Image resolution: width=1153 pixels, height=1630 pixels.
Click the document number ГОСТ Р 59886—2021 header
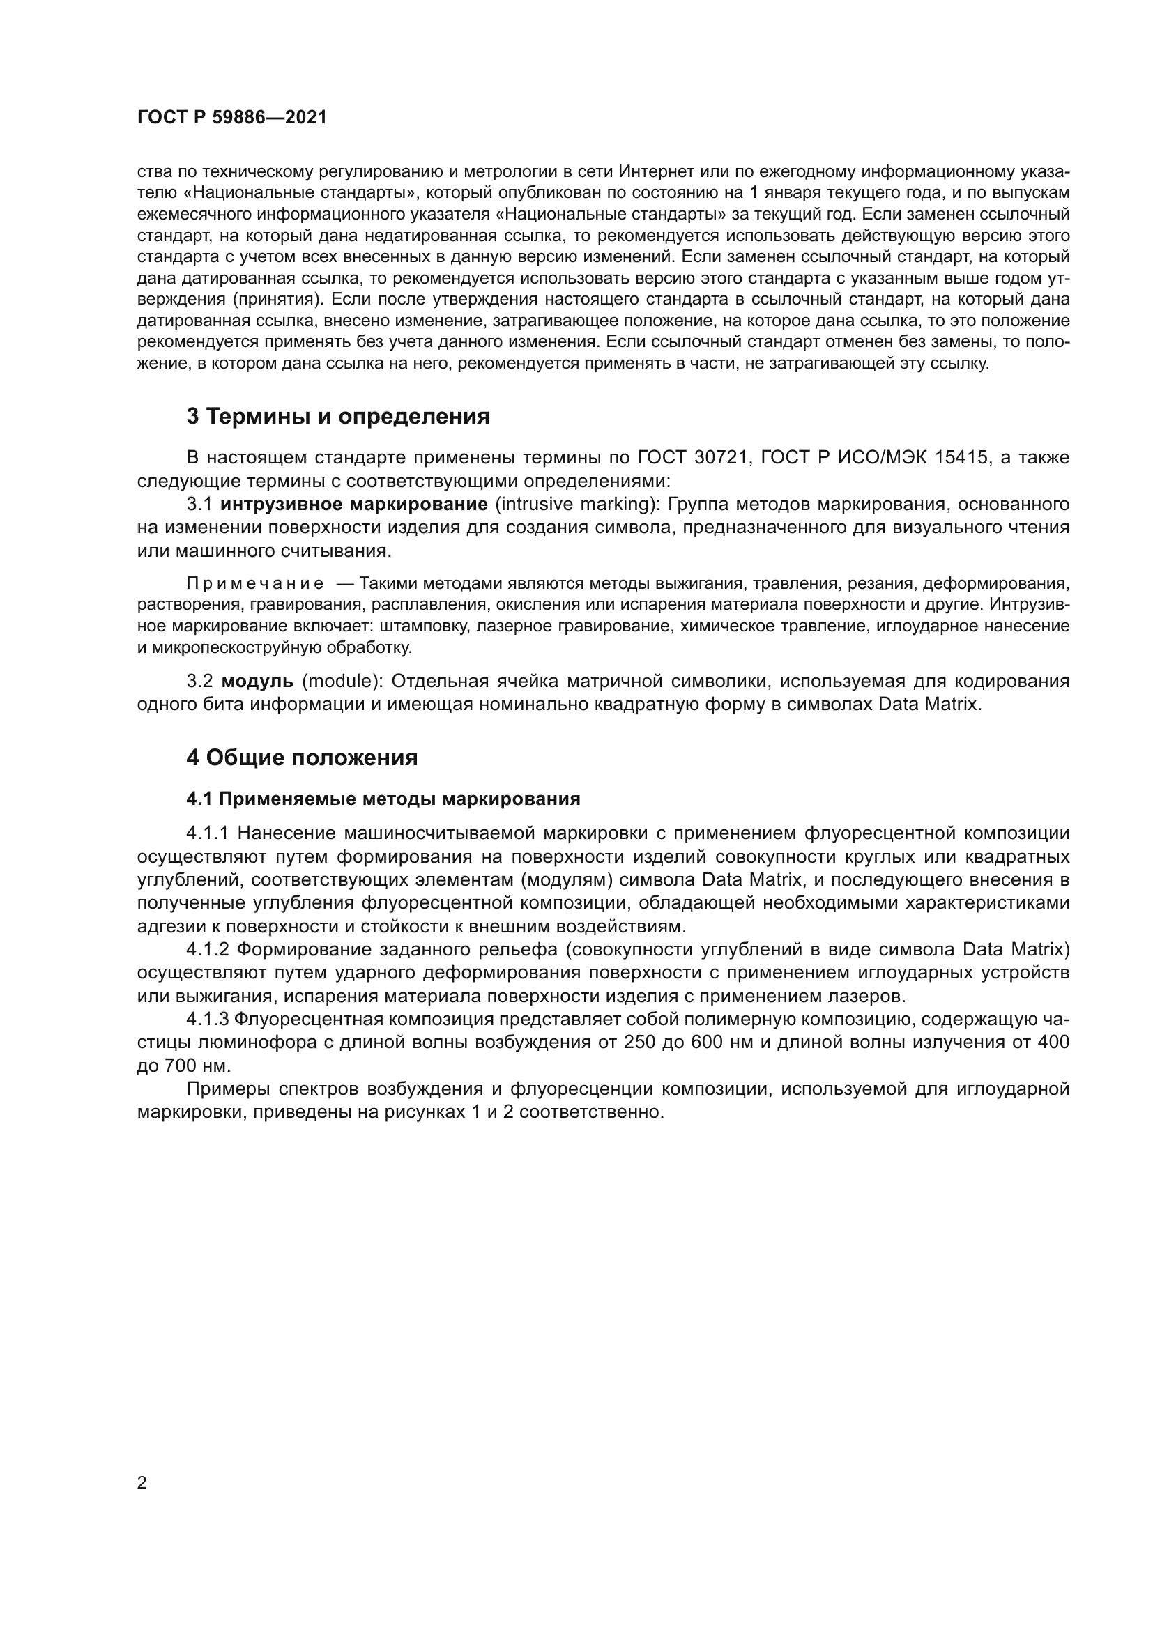[x=231, y=118]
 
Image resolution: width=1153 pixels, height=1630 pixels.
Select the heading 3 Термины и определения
[x=338, y=416]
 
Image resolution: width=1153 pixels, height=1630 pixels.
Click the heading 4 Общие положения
[x=302, y=758]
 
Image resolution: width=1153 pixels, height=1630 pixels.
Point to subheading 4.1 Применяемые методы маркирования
[x=383, y=799]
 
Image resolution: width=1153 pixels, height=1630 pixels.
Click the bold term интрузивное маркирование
[x=353, y=504]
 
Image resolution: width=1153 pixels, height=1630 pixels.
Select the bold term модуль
[x=257, y=681]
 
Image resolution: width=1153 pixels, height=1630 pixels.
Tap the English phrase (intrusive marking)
[x=576, y=504]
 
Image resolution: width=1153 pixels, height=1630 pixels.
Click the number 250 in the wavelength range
[x=639, y=1042]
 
